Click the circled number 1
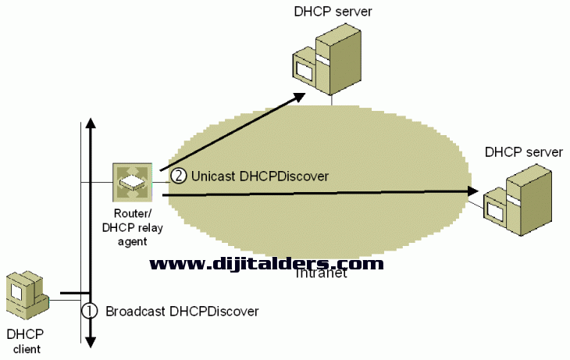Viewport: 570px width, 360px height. (90, 310)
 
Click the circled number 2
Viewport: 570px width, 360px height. (178, 176)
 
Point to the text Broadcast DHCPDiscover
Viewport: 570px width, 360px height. (181, 311)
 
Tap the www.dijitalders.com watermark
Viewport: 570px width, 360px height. (266, 264)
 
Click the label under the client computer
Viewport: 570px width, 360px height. (24, 341)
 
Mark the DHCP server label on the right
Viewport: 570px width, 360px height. (523, 151)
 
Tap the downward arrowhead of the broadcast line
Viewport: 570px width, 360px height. (91, 342)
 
